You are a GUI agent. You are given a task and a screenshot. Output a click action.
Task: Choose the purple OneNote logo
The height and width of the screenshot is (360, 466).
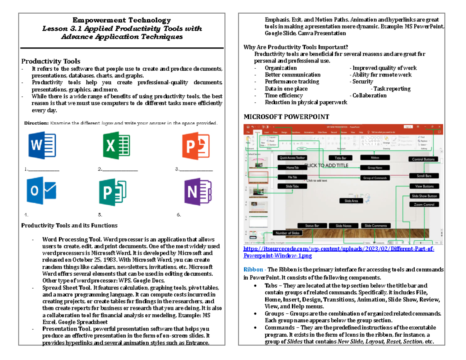pyautogui.click(x=198, y=192)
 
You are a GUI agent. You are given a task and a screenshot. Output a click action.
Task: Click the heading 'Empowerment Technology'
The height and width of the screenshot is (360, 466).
pyautogui.click(x=122, y=20)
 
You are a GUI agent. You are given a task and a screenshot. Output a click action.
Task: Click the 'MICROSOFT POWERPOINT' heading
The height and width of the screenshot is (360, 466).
pyautogui.click(x=286, y=117)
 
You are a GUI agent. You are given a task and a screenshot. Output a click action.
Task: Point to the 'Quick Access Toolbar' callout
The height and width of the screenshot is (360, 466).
pyautogui.click(x=292, y=158)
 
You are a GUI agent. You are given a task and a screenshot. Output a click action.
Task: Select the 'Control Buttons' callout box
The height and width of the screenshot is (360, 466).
pyautogui.click(x=423, y=159)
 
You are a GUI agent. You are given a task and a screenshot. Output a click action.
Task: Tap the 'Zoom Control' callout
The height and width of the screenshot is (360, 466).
pyautogui.click(x=424, y=204)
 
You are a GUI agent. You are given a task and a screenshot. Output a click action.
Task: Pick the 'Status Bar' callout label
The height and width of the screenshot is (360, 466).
pyautogui.click(x=312, y=226)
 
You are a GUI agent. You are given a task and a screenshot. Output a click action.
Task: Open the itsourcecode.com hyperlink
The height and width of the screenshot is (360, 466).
pyautogui.click(x=338, y=252)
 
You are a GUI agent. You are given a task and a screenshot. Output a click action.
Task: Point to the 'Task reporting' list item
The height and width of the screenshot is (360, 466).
pyautogui.click(x=392, y=89)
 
